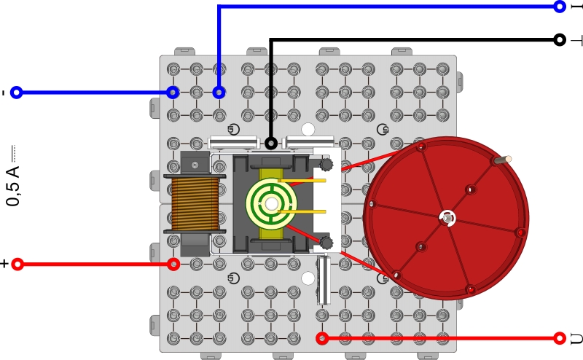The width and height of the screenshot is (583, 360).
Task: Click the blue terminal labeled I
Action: click(x=560, y=7)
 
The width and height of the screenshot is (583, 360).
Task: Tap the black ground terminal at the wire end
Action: click(x=560, y=39)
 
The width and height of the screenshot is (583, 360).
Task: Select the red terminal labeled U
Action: click(x=560, y=338)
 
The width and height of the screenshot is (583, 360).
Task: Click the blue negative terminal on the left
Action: click(x=17, y=93)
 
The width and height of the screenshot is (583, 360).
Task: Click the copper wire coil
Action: click(x=195, y=203)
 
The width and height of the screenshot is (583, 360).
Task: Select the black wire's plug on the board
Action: click(x=271, y=143)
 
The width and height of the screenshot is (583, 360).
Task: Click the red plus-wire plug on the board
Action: click(x=173, y=264)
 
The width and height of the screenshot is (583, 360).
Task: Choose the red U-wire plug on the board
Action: click(x=322, y=338)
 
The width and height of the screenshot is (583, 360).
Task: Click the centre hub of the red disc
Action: click(x=447, y=217)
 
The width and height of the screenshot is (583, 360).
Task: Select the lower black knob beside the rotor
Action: click(x=326, y=242)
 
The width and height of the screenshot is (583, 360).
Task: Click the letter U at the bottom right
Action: click(x=576, y=338)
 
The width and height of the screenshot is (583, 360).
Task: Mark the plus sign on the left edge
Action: click(x=4, y=264)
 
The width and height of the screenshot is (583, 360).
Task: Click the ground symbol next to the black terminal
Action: click(x=576, y=39)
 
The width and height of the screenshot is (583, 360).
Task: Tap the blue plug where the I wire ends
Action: click(x=219, y=93)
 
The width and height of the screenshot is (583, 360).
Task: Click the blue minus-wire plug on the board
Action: click(x=173, y=93)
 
